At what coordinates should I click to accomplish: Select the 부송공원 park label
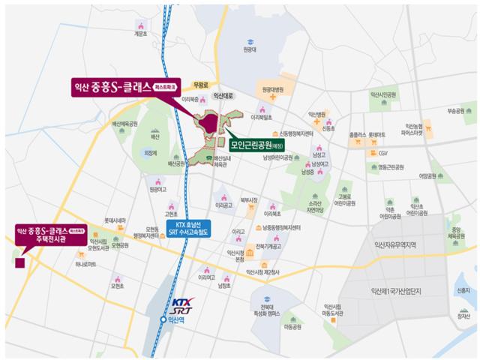click(456, 110)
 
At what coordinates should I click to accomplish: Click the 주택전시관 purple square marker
click(20, 262)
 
